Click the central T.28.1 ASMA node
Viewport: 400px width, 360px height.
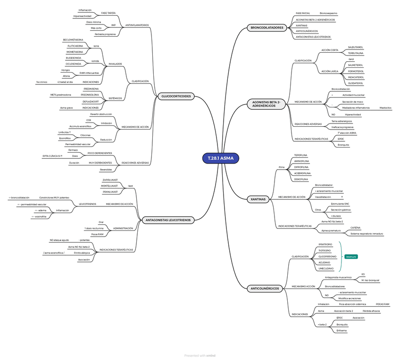(221, 158)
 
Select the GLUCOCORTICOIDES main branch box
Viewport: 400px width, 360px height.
(176, 96)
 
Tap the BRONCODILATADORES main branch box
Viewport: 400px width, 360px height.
(267, 28)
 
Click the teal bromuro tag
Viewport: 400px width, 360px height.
(351, 257)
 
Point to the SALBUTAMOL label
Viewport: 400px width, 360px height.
(355, 47)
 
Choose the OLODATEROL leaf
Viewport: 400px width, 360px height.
(355, 83)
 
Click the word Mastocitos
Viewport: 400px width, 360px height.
(385, 108)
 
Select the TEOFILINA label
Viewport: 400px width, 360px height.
(301, 155)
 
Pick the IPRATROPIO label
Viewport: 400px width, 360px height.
(325, 245)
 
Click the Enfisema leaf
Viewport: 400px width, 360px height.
(342, 330)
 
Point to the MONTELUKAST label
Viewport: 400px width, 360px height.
(109, 186)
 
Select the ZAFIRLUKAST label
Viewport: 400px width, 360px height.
(110, 180)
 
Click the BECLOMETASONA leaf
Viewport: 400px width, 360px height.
(73, 40)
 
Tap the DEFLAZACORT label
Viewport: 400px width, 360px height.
(91, 101)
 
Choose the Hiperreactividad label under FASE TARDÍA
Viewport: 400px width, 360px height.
(82, 16)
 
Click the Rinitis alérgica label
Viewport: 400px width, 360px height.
(82, 253)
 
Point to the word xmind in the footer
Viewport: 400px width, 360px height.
(211, 356)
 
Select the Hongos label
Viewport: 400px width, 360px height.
(66, 70)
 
